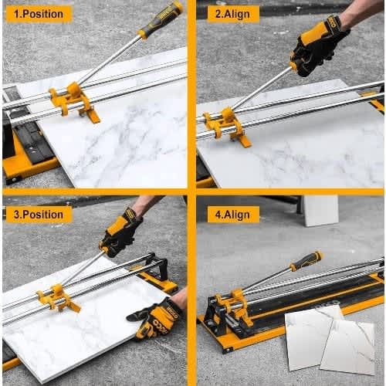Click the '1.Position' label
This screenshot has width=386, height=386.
pos(39,14)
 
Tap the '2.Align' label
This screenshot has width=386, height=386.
pos(233,14)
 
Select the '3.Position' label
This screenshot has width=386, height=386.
pos(39,215)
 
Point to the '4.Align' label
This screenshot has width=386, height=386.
pos(233,215)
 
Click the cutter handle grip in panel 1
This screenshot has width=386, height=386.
pos(160,19)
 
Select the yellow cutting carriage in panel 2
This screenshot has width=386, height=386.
pos(226,126)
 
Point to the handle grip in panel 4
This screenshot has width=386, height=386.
pos(306,261)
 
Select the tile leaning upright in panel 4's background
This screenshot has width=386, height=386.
pos(320,211)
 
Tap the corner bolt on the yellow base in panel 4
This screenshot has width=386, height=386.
pos(228,350)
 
